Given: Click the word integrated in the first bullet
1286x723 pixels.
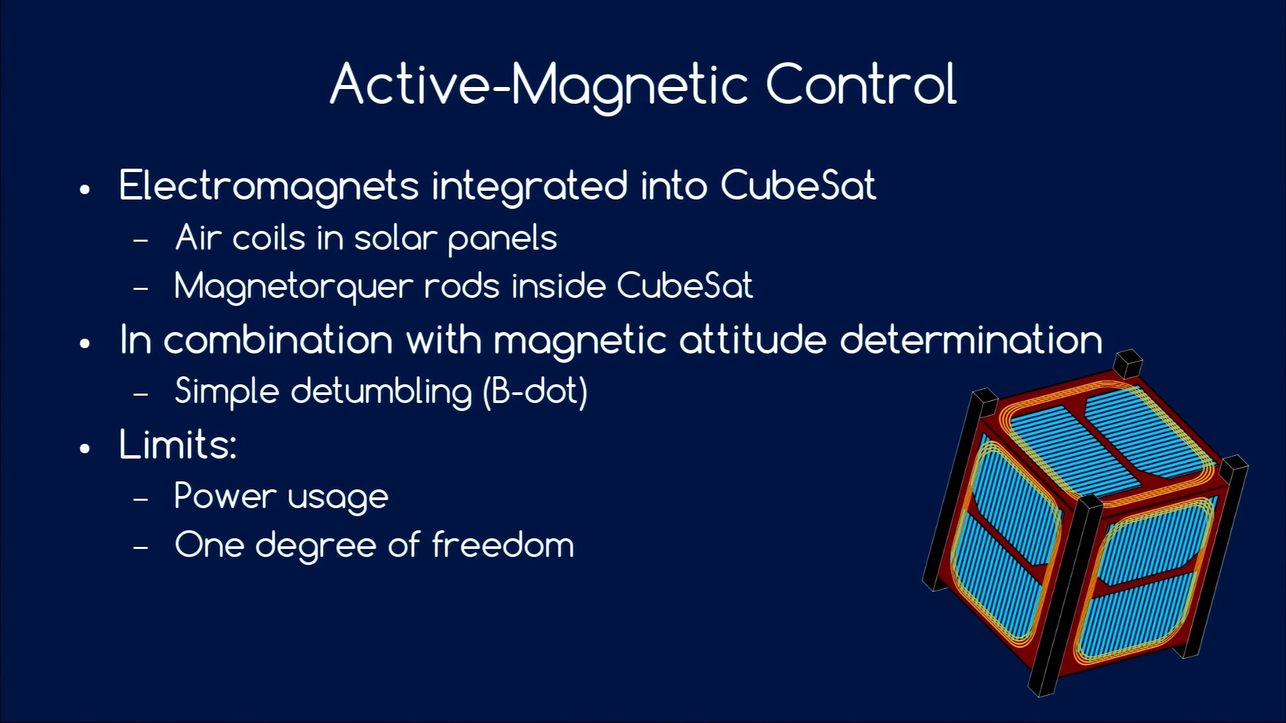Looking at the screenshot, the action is coord(530,187).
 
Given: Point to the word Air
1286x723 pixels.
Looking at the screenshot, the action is coord(198,238).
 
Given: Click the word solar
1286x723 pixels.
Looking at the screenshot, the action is coord(395,238).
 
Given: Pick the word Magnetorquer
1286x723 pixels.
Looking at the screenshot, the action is coord(293,287).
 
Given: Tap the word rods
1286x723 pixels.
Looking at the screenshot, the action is coord(462,286).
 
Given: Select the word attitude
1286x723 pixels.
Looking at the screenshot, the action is coord(753,339).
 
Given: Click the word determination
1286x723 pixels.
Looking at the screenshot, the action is coord(971,339).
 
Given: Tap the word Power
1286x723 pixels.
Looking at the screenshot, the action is coord(225,496).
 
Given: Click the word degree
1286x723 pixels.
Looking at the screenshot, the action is coord(315,546).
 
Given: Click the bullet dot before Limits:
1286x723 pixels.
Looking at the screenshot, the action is coord(84,448).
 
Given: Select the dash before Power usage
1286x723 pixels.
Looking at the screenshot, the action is coord(141,499).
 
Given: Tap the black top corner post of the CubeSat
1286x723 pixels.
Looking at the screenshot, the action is coord(1128,364).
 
